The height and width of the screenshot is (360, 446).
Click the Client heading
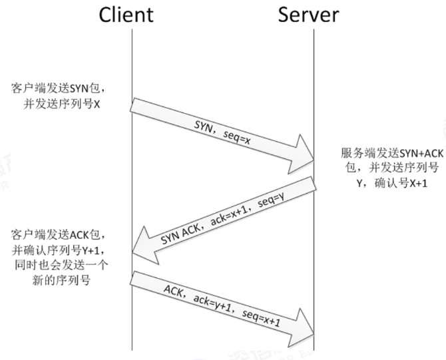click(126, 15)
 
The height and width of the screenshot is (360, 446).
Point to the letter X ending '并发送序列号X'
click(96, 104)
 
